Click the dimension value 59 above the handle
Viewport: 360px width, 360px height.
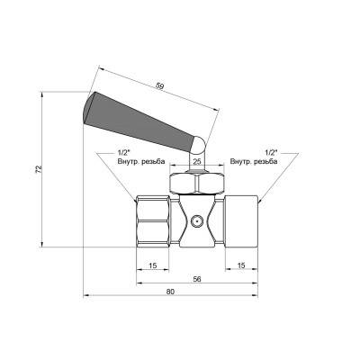click(160, 87)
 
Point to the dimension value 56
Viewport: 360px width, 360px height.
click(196, 279)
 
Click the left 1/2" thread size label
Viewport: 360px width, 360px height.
click(124, 152)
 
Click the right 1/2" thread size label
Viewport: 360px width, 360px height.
click(272, 152)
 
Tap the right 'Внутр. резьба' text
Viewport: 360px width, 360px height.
click(255, 161)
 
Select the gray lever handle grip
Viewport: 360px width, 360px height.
click(135, 117)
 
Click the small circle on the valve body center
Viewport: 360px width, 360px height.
click(196, 219)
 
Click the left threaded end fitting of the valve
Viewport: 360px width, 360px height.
click(152, 219)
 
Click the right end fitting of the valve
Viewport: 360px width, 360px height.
click(240, 219)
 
